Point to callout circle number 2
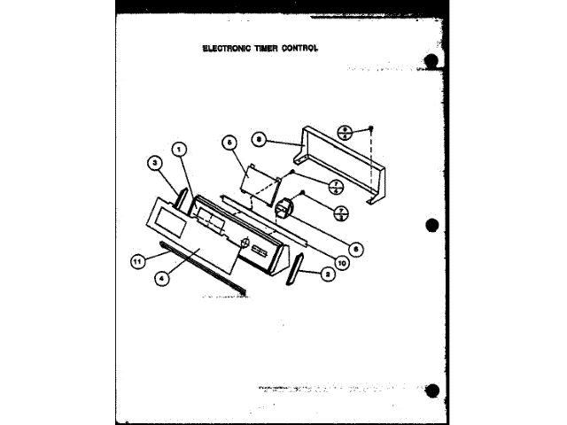point(329,274)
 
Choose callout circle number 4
point(161,276)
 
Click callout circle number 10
point(341,260)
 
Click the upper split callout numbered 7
point(337,185)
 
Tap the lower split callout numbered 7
point(340,212)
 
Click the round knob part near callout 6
point(285,210)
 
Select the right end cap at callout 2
point(295,268)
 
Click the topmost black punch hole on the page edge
point(431,61)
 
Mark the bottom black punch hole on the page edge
point(431,389)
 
